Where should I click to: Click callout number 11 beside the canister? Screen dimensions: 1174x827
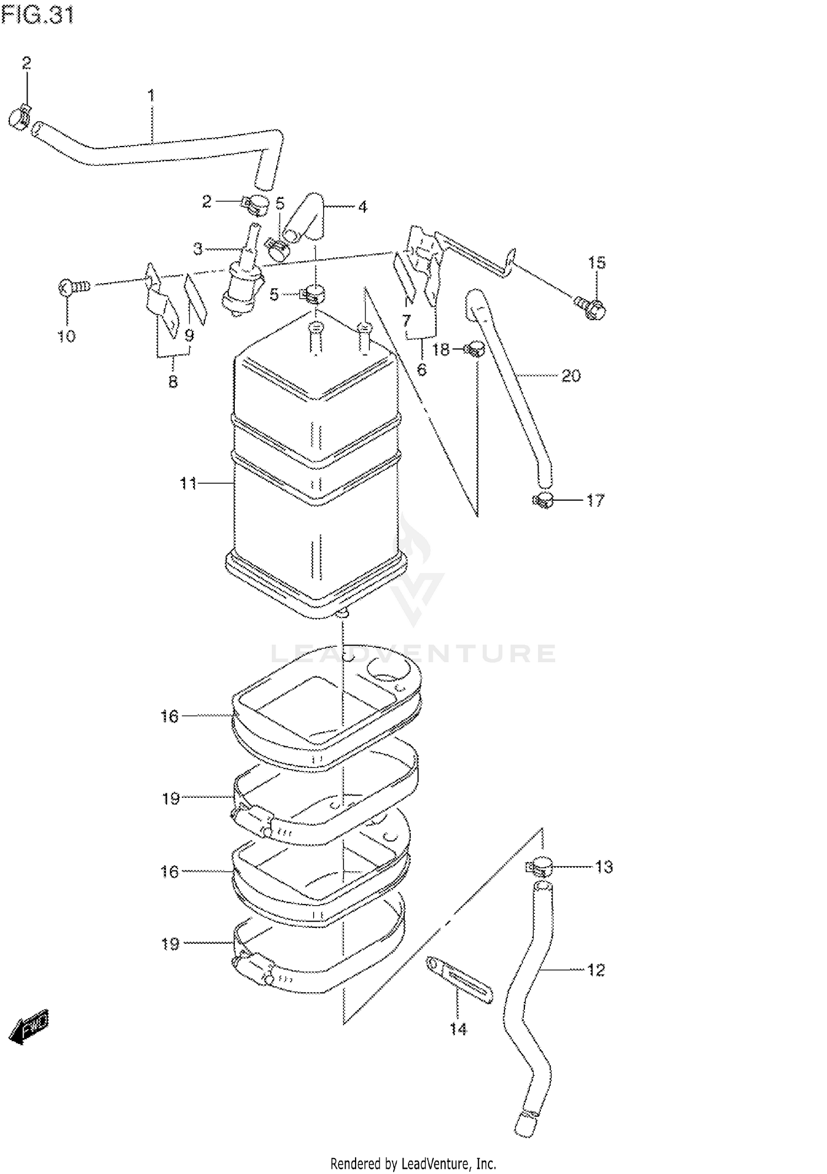188,483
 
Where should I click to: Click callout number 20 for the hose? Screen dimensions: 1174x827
571,376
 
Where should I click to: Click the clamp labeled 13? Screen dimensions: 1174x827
539,867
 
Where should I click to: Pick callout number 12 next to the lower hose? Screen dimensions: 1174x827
596,970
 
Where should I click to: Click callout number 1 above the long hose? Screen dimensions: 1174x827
151,95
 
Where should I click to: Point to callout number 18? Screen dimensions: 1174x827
441,350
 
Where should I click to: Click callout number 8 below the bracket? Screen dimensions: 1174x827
173,381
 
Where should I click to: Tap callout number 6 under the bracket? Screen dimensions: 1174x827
422,369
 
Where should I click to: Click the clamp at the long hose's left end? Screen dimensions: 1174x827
20,117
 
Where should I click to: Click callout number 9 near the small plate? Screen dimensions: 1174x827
189,336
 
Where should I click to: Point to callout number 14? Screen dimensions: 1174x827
458,1029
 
